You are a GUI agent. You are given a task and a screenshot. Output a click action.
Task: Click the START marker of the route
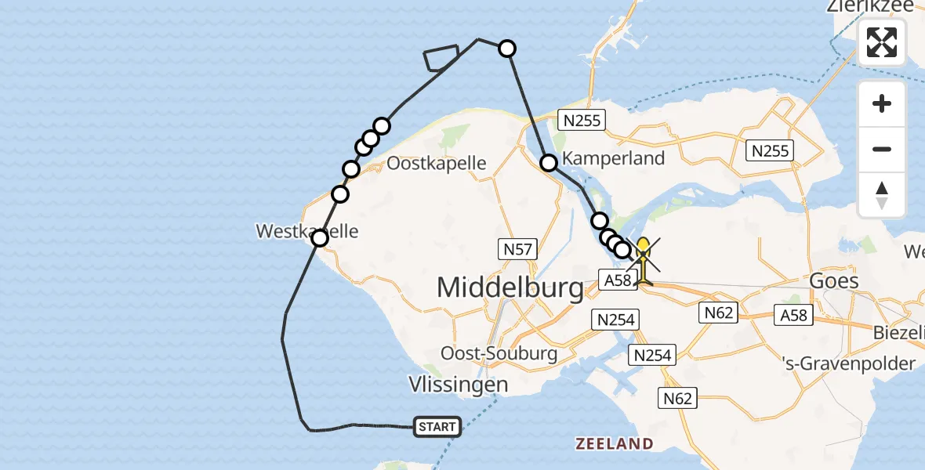tap(437, 427)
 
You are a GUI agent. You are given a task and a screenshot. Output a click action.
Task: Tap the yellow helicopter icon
tap(643, 260)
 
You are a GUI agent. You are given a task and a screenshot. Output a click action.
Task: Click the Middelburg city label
tap(510, 287)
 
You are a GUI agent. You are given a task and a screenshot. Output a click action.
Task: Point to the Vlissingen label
tap(459, 385)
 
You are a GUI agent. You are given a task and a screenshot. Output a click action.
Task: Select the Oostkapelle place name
tap(437, 164)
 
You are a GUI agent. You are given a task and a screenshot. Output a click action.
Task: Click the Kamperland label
tap(613, 158)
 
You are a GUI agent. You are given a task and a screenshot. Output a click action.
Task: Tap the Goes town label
tap(835, 280)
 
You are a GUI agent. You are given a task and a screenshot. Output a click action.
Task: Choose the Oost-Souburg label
tap(499, 352)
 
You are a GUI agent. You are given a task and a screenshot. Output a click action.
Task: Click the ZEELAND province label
tap(615, 444)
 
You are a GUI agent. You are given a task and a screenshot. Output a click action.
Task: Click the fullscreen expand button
tap(882, 42)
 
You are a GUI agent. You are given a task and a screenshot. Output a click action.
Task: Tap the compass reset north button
tap(882, 195)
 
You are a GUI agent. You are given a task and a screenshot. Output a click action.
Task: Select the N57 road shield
tap(517, 250)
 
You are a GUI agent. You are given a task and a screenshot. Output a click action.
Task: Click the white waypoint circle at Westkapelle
tap(320, 237)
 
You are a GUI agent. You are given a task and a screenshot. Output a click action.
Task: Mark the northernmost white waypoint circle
tap(507, 49)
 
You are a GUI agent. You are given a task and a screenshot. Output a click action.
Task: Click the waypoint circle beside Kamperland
tap(549, 163)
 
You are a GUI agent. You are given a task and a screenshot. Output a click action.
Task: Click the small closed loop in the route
tap(441, 58)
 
